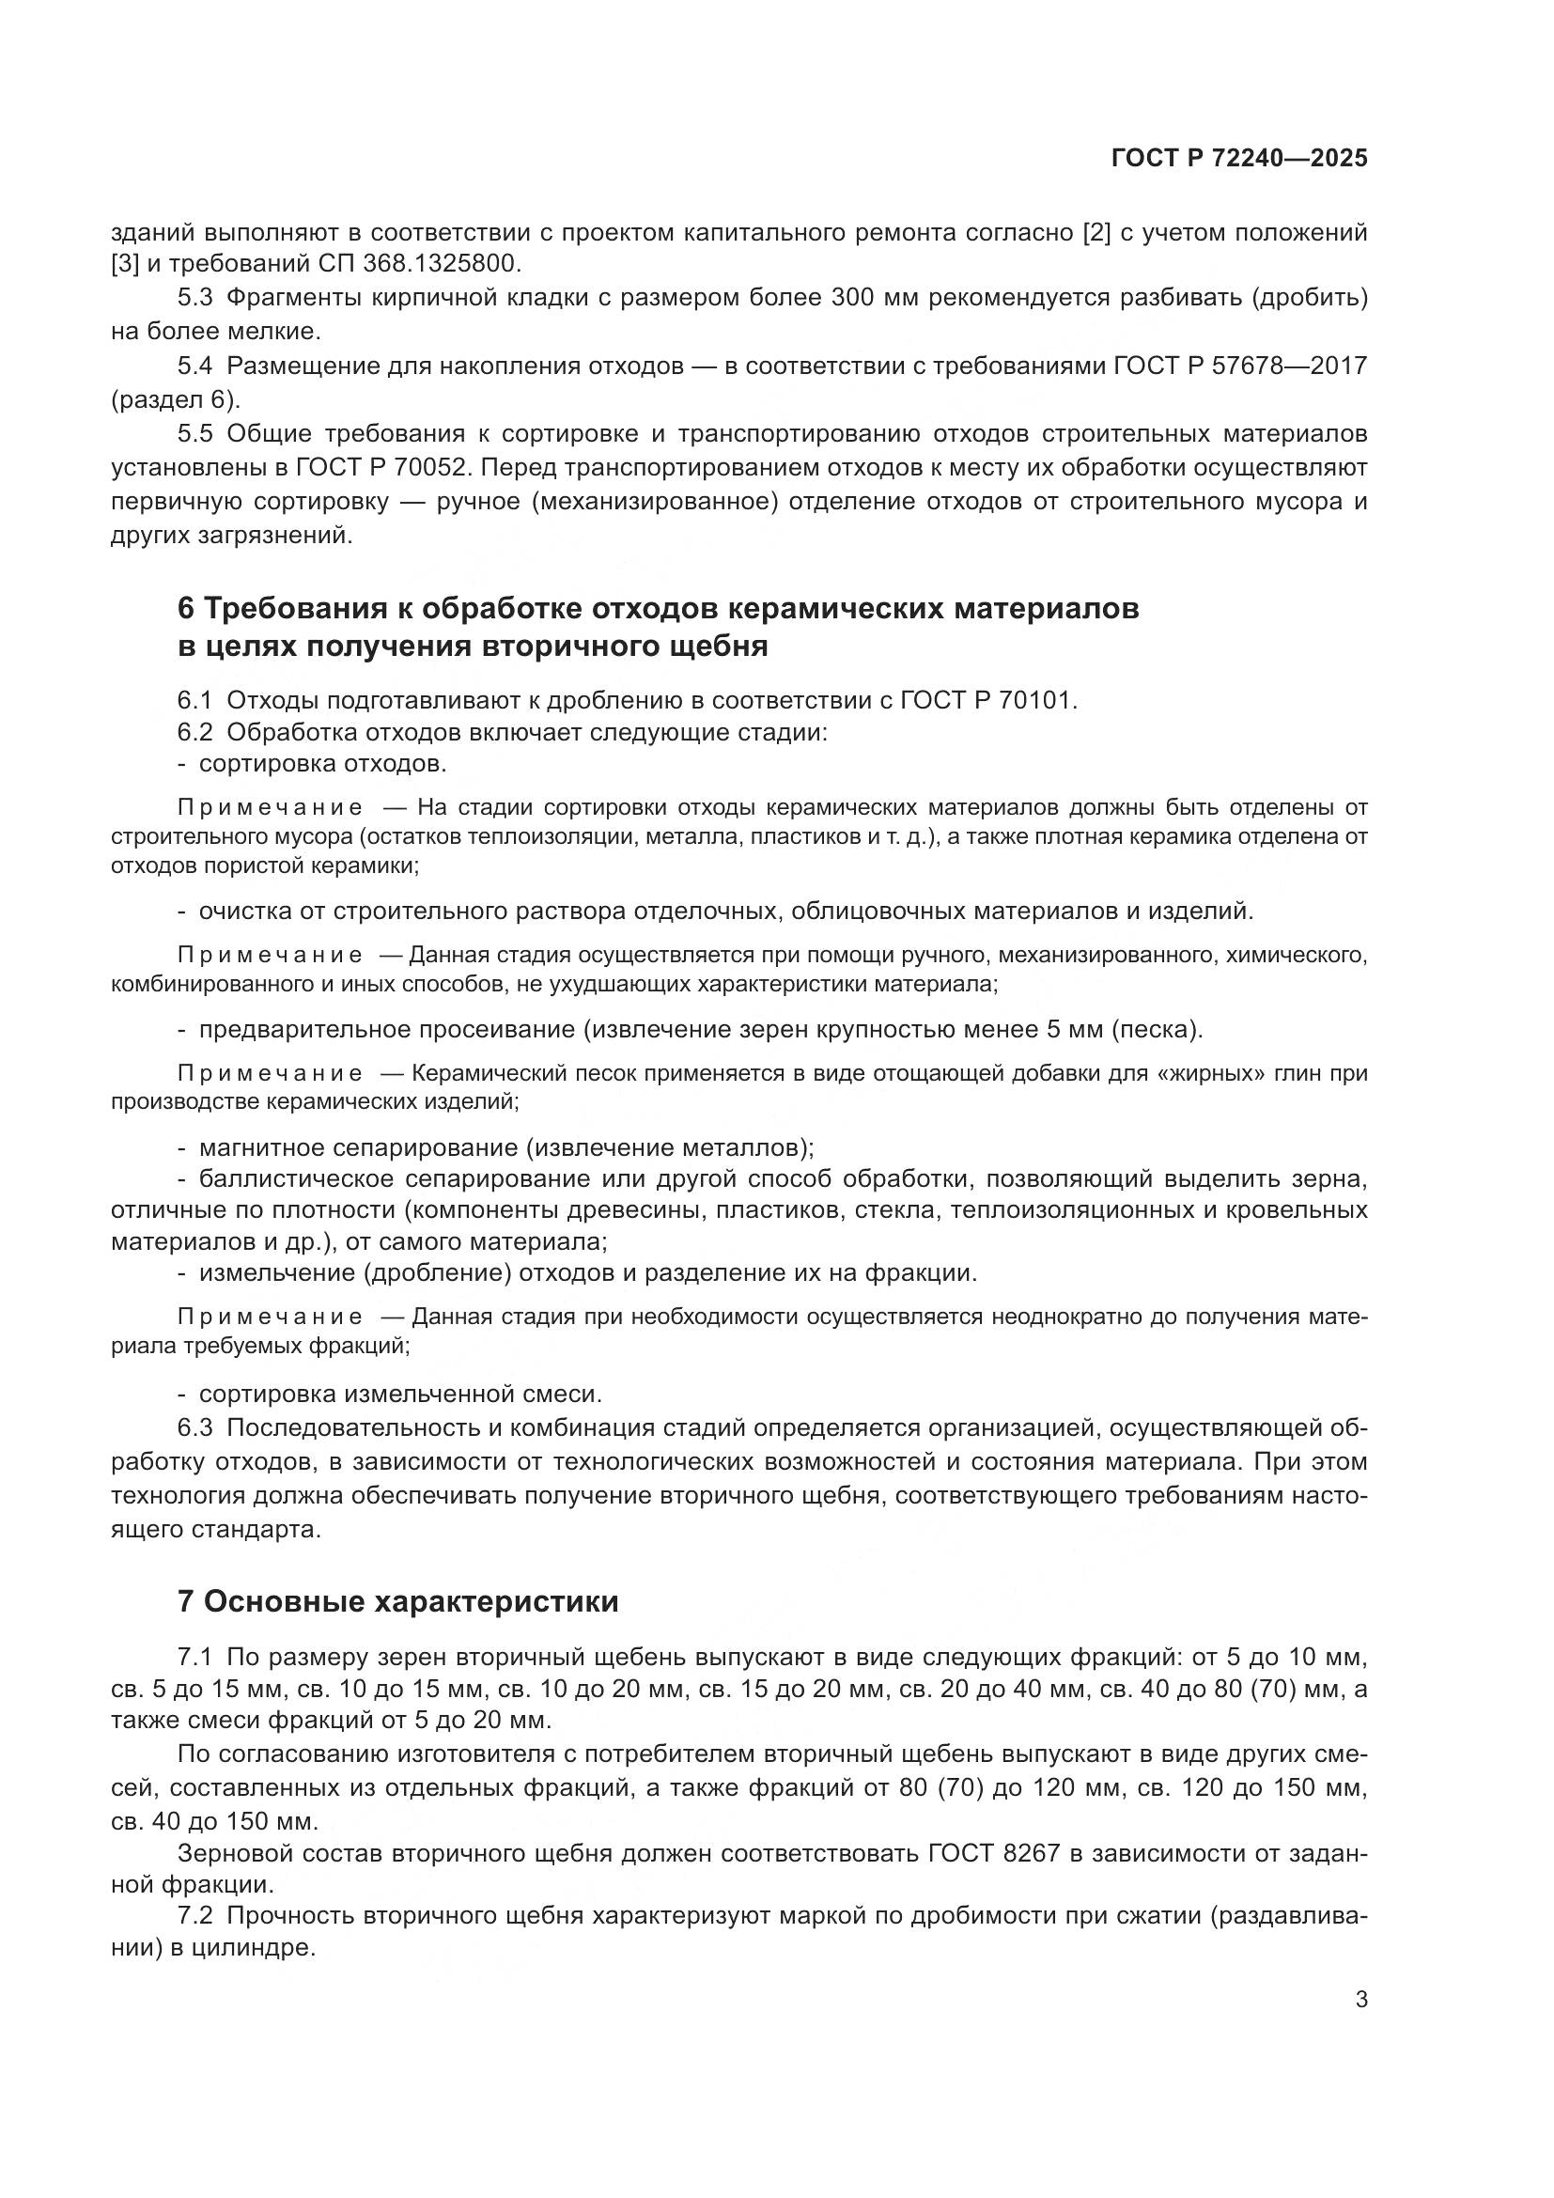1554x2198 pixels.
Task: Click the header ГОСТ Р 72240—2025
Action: coord(1239,158)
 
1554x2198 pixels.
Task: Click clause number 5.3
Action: coord(194,298)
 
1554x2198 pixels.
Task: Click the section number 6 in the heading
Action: coord(187,609)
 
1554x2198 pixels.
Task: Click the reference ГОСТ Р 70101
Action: coord(987,700)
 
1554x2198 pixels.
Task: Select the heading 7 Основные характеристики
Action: coord(398,1601)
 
